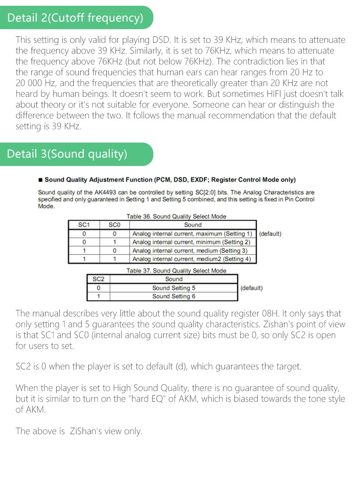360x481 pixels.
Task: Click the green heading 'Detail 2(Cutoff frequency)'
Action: (75, 18)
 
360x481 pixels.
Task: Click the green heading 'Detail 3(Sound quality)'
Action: (67, 154)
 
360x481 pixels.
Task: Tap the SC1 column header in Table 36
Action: (84, 225)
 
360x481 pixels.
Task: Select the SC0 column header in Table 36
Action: (114, 225)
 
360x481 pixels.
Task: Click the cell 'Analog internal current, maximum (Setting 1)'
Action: (192, 234)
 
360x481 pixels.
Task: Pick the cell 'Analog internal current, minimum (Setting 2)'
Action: (191, 242)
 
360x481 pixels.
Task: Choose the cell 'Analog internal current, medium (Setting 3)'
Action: (190, 251)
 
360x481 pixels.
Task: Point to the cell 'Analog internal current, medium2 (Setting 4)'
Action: (192, 259)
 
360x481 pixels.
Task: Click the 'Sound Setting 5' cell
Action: (174, 288)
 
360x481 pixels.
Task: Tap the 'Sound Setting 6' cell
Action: (174, 296)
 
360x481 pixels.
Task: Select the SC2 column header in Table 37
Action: (98, 279)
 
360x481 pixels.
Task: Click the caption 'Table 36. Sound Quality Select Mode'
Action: (176, 216)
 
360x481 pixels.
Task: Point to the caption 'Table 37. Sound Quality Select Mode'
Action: (176, 271)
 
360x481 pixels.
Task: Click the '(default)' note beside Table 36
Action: (270, 234)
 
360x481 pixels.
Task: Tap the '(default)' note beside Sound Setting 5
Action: (251, 288)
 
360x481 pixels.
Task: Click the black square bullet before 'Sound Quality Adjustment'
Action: (41, 180)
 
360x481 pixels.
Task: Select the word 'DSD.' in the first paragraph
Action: (161, 40)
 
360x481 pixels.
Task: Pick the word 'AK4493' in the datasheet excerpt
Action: (105, 193)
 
